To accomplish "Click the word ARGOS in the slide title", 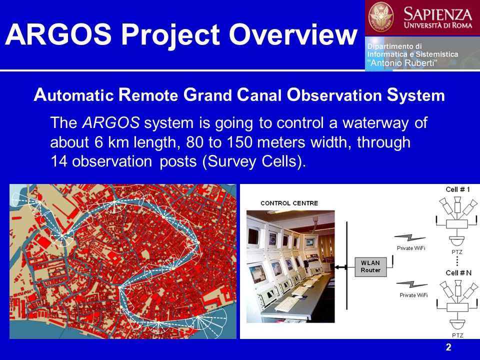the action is pyautogui.click(x=58, y=34).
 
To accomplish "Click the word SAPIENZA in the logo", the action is pyautogui.click(x=438, y=14).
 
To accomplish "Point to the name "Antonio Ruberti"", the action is pyautogui.click(x=402, y=63).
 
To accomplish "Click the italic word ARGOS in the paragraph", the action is pyautogui.click(x=111, y=123).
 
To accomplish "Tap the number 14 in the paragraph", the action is pyautogui.click(x=58, y=161).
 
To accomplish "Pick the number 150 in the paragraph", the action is pyautogui.click(x=239, y=142).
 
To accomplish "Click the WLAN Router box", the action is pyautogui.click(x=370, y=267).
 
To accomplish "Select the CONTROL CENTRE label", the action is pyautogui.click(x=289, y=203).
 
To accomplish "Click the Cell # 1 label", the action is pyautogui.click(x=457, y=189).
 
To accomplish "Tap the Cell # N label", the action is pyautogui.click(x=458, y=273).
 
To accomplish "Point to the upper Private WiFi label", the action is pyautogui.click(x=411, y=248).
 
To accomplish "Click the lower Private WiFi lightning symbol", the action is pyautogui.click(x=412, y=284).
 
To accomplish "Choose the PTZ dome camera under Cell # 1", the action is pyautogui.click(x=457, y=240).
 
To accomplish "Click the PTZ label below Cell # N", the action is pyautogui.click(x=457, y=335).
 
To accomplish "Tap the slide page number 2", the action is pyautogui.click(x=448, y=347).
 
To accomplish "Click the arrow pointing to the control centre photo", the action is pyautogui.click(x=340, y=267).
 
